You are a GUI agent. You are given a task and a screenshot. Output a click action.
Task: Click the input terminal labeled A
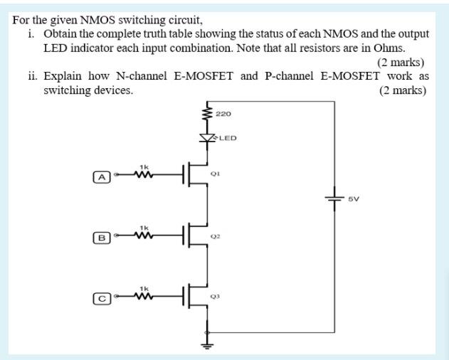[x=102, y=177]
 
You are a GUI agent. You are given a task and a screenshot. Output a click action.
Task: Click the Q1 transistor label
[x=214, y=173]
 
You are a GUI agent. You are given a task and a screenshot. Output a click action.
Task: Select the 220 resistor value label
[x=223, y=113]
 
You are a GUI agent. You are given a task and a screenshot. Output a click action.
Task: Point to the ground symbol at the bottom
[x=208, y=346]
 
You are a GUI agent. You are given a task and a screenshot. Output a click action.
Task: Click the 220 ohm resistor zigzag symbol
[x=208, y=113]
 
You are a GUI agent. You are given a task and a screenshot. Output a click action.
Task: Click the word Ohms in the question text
[x=389, y=48]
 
